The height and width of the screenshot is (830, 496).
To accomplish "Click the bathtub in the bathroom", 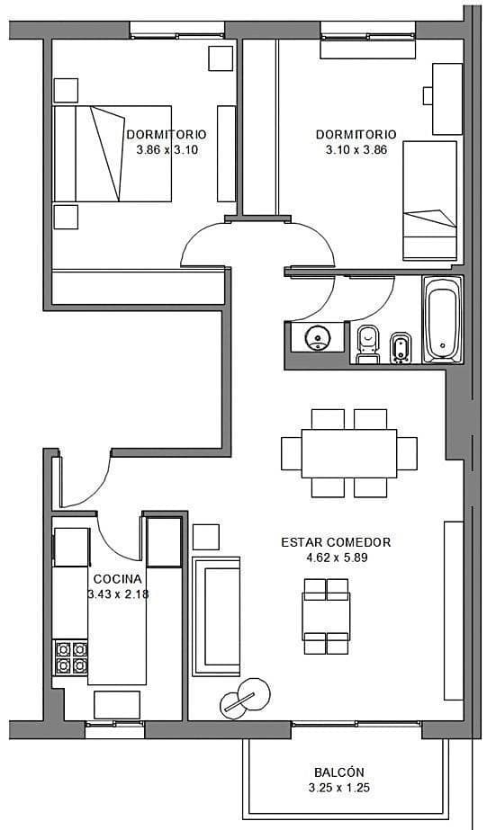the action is tap(443, 319).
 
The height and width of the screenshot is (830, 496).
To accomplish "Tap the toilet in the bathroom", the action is tap(368, 344).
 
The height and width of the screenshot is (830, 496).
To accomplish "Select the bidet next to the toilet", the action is tap(400, 348).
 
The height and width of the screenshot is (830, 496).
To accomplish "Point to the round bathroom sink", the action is tap(318, 337).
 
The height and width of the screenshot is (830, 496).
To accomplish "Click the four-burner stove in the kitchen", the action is tap(71, 657).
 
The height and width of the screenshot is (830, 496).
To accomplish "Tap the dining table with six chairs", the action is tap(349, 453).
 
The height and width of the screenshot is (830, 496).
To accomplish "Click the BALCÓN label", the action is tap(339, 772).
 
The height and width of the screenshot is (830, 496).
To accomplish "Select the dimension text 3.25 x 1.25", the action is tap(339, 788).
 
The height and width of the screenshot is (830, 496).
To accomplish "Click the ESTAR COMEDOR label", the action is tap(336, 542).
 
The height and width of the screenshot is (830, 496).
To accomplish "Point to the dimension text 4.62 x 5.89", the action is tap(337, 558).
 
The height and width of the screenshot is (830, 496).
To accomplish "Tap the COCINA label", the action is tap(118, 578).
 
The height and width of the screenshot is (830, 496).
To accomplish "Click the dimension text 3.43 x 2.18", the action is tap(118, 593).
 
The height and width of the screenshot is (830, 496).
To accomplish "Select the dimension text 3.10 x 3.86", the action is tap(356, 150).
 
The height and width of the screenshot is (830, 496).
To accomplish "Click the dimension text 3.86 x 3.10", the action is tap(167, 150).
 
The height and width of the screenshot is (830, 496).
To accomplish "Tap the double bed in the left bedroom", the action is tap(113, 154).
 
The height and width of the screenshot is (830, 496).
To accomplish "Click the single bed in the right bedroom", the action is tap(429, 201).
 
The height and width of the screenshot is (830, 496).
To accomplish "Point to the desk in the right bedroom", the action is tap(447, 99).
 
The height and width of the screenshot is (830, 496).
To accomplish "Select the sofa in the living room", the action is tap(216, 616).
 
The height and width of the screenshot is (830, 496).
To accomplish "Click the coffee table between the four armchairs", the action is tap(326, 617).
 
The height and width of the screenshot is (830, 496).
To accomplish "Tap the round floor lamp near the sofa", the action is tap(245, 699).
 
